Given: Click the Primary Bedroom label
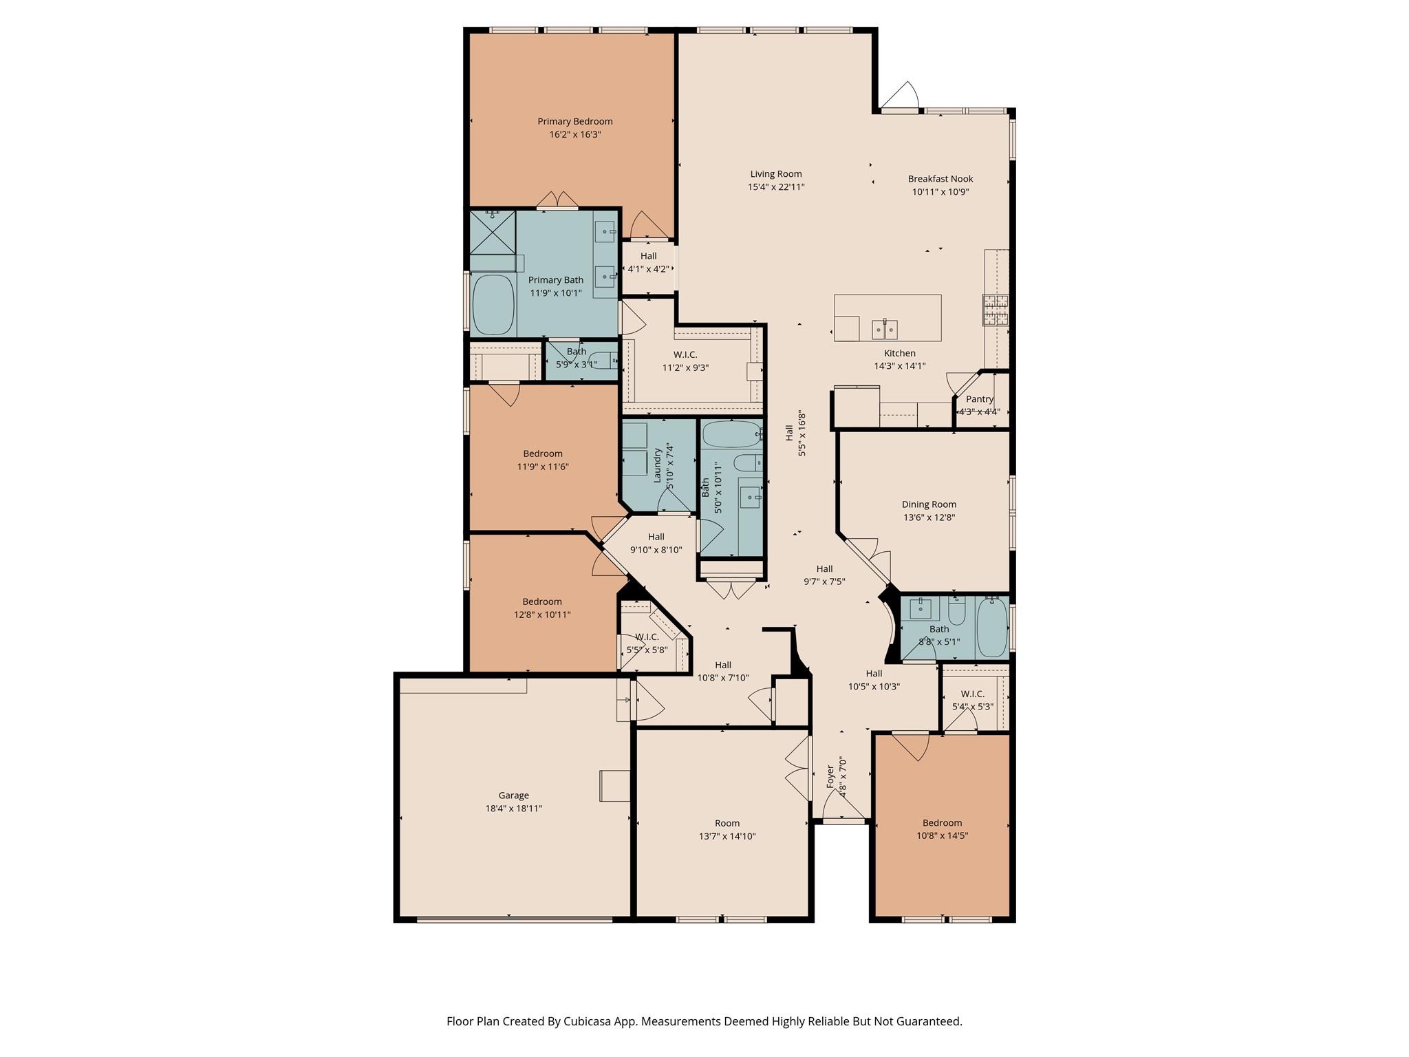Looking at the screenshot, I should tap(574, 122).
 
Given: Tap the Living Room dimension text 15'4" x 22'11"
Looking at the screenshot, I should tap(776, 187).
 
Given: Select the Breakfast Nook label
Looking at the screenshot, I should tap(940, 179).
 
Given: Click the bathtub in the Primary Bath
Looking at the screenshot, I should tap(493, 306).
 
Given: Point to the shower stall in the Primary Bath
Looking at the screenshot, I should tap(492, 232).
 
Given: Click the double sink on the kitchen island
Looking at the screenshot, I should tap(885, 330).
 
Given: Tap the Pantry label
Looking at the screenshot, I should tap(979, 399).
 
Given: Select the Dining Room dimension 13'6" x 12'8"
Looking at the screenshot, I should tap(929, 517).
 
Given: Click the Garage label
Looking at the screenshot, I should tap(513, 796).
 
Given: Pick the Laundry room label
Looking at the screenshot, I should tap(657, 465).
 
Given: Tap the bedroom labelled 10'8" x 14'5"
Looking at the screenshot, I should tap(942, 829).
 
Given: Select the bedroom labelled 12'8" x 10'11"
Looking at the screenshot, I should tap(542, 608).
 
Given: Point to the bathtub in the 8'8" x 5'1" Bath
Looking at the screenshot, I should tap(991, 628).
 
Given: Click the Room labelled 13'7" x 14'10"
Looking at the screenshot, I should tap(727, 830).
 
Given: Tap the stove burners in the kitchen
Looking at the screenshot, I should tap(995, 310).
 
